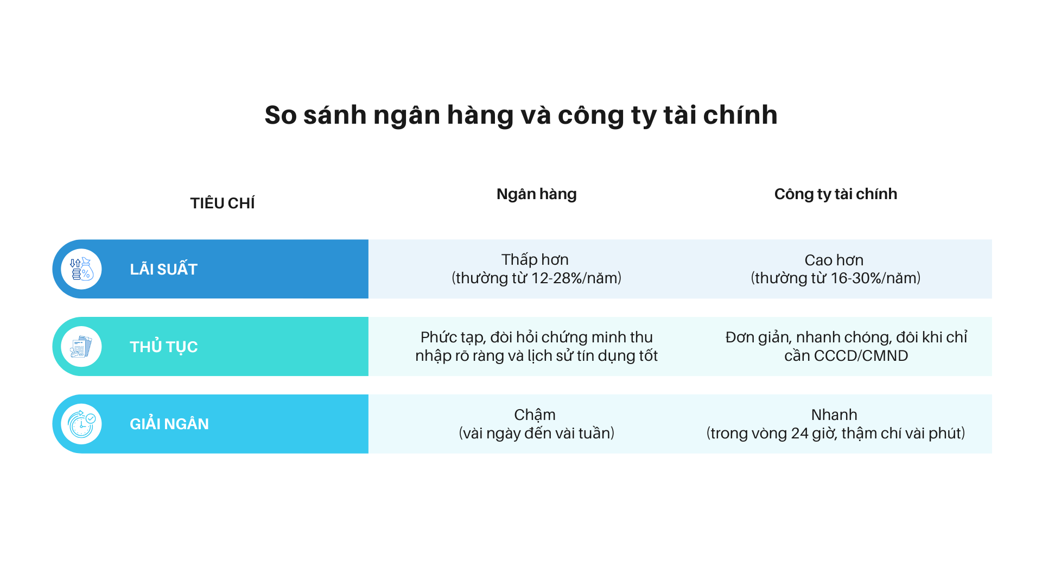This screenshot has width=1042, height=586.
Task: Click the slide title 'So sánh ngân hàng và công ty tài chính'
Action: click(521, 115)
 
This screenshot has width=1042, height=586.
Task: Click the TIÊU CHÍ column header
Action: click(222, 203)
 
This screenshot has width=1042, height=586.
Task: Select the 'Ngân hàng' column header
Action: click(536, 194)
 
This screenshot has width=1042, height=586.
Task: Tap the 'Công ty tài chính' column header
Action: click(835, 194)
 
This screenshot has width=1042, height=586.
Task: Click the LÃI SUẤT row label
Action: click(163, 269)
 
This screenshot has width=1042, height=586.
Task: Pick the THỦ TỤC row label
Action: click(163, 347)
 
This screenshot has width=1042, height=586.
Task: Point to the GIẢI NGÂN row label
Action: click(169, 424)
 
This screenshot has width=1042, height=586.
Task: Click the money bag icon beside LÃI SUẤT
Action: click(81, 269)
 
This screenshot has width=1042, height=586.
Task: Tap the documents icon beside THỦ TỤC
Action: click(81, 347)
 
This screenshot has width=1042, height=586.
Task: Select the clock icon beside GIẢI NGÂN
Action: click(81, 424)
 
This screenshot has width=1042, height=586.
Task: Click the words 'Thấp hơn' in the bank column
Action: click(535, 259)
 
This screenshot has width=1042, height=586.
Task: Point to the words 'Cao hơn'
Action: click(834, 260)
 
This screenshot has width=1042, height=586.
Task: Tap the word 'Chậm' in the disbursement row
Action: click(535, 415)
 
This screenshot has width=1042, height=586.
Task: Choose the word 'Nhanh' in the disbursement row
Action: click(834, 415)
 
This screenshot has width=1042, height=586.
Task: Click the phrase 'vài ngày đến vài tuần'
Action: click(536, 434)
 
